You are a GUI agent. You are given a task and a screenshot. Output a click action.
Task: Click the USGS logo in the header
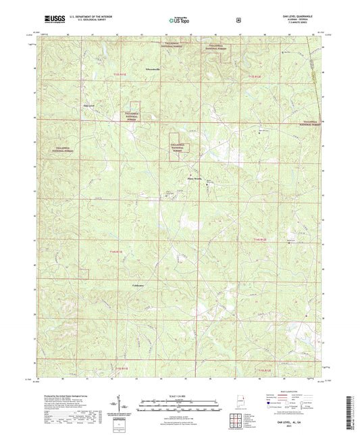point(51,20)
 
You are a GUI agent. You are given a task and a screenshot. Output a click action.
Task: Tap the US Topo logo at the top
point(179,20)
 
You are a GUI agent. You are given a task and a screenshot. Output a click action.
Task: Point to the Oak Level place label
point(88,105)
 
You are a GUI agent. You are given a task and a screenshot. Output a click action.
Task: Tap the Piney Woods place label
point(194,179)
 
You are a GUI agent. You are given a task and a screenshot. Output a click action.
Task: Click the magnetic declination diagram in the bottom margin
point(126,407)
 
